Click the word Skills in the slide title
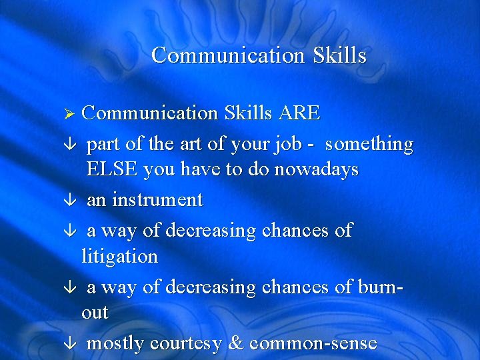click(339, 55)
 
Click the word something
click(369, 144)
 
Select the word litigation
click(119, 257)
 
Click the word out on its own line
click(95, 313)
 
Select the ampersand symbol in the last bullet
click(237, 344)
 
